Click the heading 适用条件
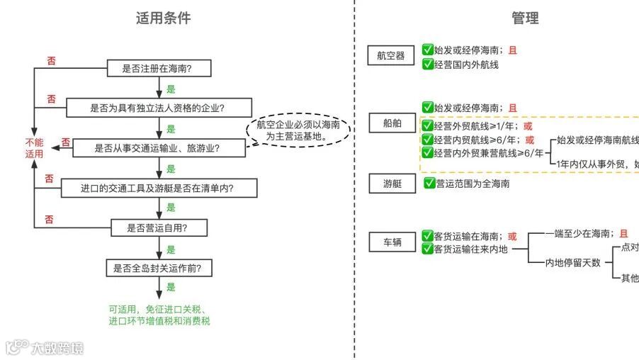[x=163, y=18]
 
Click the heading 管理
[x=525, y=18]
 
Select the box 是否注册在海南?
[x=159, y=69]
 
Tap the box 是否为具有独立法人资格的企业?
[x=159, y=108]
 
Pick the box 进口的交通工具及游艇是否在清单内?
[x=159, y=188]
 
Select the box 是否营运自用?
[x=159, y=227]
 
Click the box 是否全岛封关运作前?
[x=159, y=268]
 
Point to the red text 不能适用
[x=34, y=147]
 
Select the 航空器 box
[x=391, y=56]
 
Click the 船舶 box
[x=392, y=123]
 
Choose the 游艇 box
[x=392, y=184]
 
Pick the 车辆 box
[x=392, y=243]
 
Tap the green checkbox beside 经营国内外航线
[x=428, y=64]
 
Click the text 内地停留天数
[x=572, y=262]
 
